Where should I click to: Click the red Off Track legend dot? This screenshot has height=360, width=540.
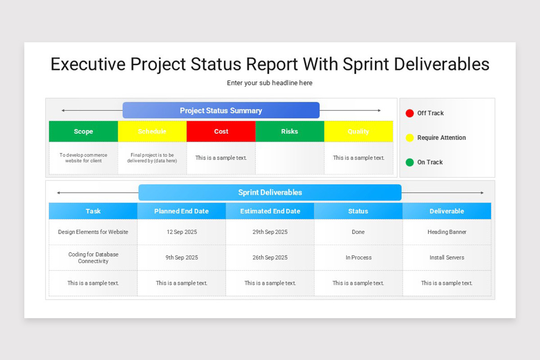coord(409,113)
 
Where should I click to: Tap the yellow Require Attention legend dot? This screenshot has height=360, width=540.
coord(409,138)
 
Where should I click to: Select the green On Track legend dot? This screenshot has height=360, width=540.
coord(409,162)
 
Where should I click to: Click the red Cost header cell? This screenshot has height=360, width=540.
coord(221,131)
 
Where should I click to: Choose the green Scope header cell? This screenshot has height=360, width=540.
coord(83,131)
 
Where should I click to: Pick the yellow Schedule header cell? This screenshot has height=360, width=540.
coord(152,131)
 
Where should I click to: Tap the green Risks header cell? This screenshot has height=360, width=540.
coord(289,131)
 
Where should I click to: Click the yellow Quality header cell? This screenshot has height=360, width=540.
coord(358,131)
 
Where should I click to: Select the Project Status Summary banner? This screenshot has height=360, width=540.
coord(221,111)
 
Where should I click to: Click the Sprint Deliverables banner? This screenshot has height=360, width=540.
coord(270,193)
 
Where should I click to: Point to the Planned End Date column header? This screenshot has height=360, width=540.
coord(181,211)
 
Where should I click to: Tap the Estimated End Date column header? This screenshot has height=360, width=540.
coord(270,211)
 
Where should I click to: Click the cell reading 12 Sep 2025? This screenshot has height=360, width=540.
coord(181,232)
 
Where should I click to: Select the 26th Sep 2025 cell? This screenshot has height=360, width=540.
coord(270,258)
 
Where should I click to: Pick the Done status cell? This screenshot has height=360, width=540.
coord(358,232)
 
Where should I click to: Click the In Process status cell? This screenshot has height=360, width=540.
coord(358,258)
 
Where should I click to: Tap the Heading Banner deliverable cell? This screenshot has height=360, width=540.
coord(447,232)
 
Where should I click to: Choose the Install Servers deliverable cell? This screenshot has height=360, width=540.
coord(447,258)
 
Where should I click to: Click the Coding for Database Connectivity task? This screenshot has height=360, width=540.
coord(93,258)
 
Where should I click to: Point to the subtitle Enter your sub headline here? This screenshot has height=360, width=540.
coord(270,83)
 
